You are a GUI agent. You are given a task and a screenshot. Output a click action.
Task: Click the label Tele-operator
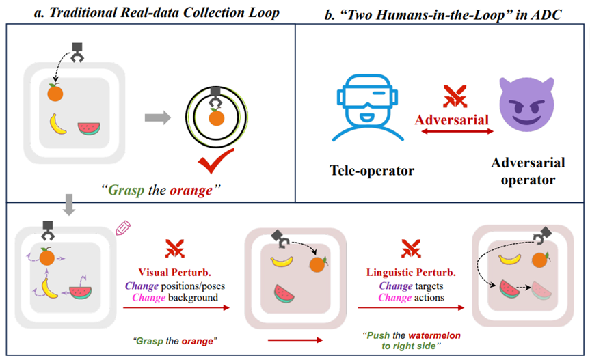371,170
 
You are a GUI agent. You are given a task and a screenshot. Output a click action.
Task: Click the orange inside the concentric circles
216,117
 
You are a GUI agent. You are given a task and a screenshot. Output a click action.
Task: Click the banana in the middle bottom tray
282,260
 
